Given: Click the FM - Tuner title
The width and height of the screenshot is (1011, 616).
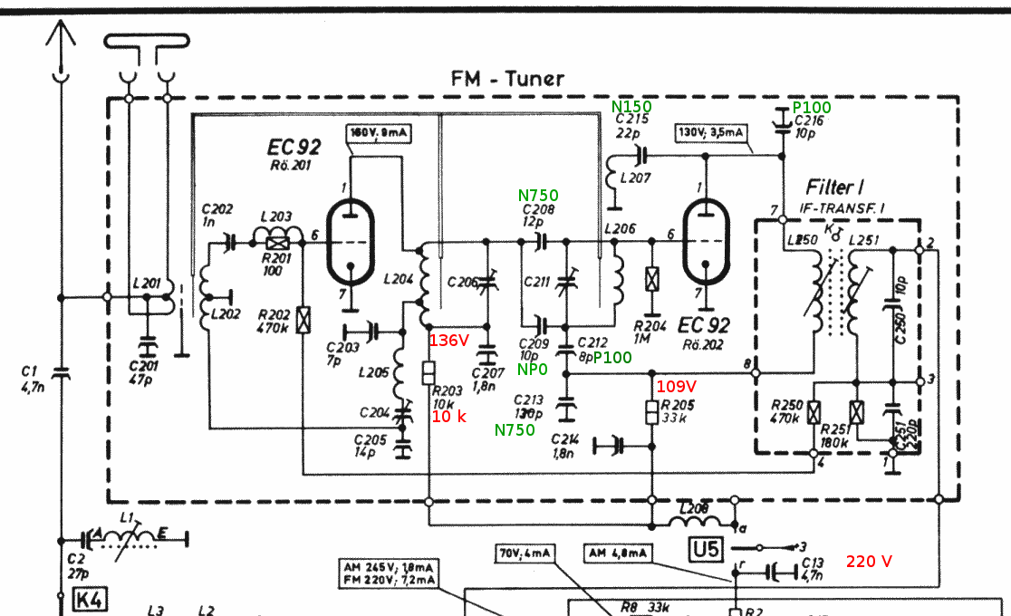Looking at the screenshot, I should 507,79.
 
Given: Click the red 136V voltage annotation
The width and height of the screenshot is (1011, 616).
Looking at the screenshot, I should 449,341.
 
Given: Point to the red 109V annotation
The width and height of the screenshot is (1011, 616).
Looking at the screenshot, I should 675,385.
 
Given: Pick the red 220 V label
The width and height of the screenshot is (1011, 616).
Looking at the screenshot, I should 869,561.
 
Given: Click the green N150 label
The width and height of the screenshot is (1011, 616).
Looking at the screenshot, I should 632,107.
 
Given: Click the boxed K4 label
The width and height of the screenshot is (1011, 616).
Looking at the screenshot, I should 88,598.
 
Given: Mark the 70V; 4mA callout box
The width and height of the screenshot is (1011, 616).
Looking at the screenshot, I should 525,553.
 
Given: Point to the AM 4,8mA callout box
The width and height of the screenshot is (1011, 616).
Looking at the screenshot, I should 617,553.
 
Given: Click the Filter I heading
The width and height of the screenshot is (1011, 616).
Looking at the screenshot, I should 834,188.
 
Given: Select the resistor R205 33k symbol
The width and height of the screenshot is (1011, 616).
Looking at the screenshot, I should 651,410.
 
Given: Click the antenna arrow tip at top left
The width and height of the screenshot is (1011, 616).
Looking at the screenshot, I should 60,27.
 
